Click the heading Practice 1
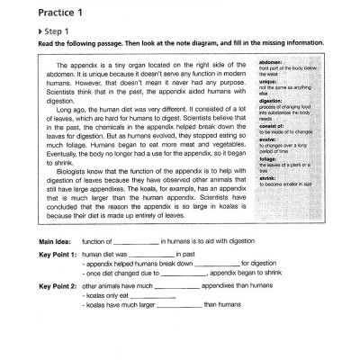click(x=44, y=12)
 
